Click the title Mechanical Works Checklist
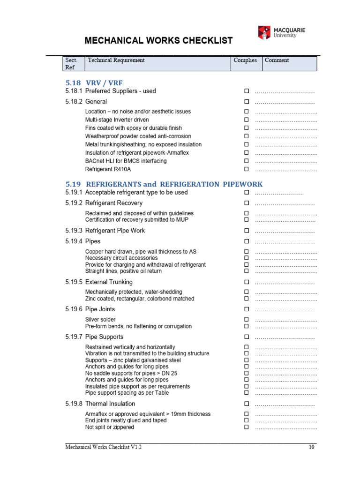[x=158, y=41]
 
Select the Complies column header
[x=245, y=60]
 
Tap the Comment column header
[x=277, y=60]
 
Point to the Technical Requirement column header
[x=116, y=60]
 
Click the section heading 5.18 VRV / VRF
[x=94, y=83]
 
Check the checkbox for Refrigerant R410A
[x=246, y=169]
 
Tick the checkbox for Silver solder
[x=246, y=320]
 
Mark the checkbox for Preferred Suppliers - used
[x=246, y=91]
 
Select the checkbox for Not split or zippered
[x=246, y=427]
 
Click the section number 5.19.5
[x=74, y=282]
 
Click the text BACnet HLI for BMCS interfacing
[x=126, y=161]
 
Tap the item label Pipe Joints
[x=100, y=309]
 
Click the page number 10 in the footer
[x=311, y=448]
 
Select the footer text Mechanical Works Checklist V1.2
[x=104, y=448]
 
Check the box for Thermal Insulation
[x=246, y=404]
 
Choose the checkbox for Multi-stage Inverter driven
[x=246, y=120]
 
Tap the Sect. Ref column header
[x=71, y=63]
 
